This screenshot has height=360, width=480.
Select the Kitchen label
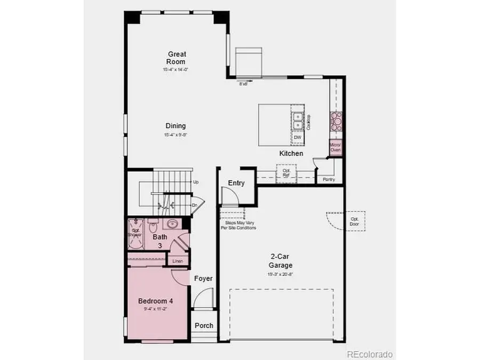tap(291, 154)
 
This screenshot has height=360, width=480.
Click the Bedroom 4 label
tap(155, 301)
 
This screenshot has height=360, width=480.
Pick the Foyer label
tap(203, 278)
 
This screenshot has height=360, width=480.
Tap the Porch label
tap(204, 325)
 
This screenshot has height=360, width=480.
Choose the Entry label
tap(236, 183)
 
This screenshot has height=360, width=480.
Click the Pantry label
tap(329, 180)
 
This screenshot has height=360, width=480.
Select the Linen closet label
tap(178, 261)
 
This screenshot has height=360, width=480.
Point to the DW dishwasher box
tap(298, 138)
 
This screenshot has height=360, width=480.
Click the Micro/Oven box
tap(335, 147)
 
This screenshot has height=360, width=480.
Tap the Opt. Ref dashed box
tap(286, 173)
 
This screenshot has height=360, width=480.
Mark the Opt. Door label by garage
tap(355, 221)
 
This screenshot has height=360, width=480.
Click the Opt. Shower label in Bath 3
tap(134, 233)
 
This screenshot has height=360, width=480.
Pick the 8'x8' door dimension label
tap(244, 84)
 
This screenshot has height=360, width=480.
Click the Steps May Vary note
tap(238, 225)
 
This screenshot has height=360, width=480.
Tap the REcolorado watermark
tap(370, 354)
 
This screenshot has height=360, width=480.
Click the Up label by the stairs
tap(196, 182)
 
